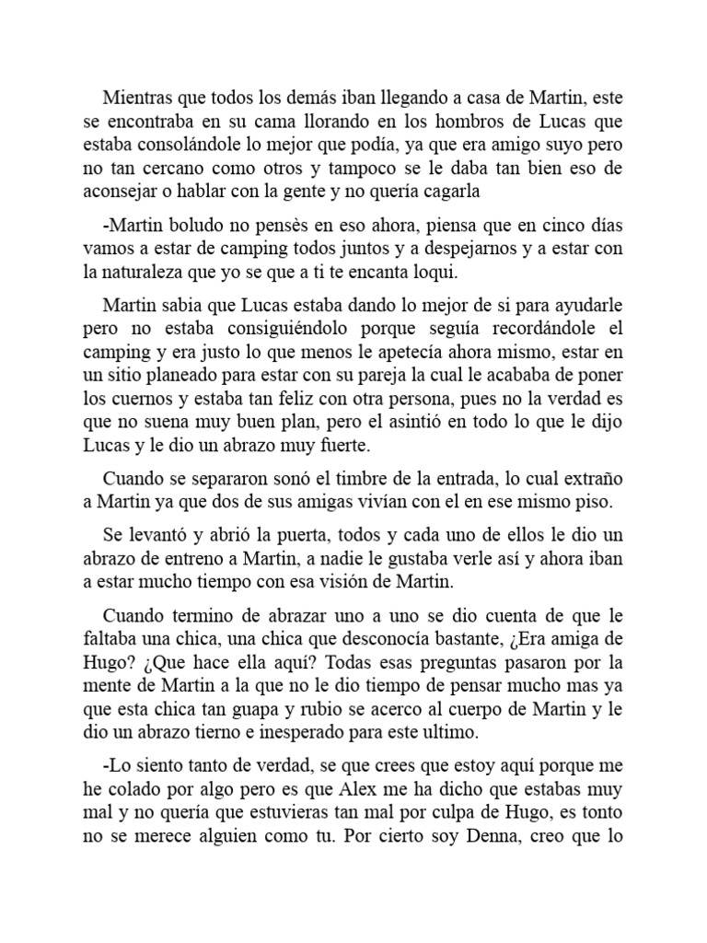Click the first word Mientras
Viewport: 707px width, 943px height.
point(137,96)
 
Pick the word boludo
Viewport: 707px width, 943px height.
point(191,225)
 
